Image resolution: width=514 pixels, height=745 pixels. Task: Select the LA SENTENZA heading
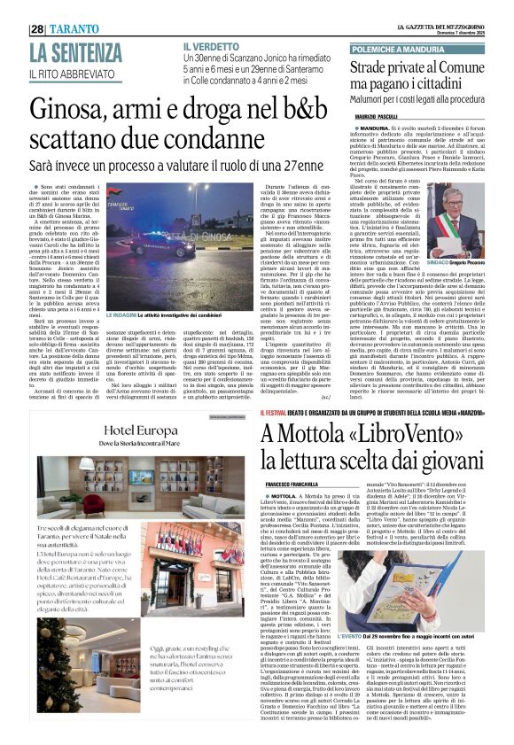coord(76,52)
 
